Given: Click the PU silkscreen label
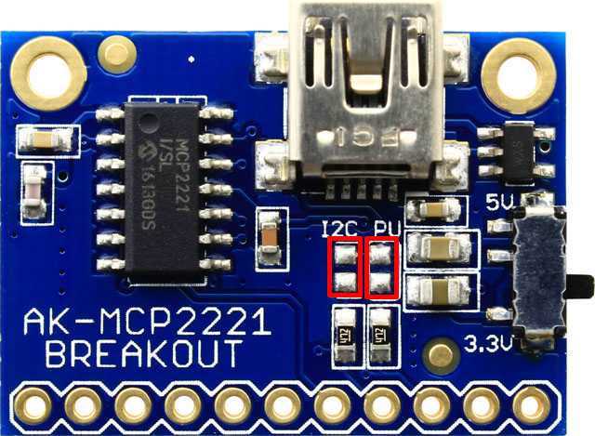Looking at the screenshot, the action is [384, 228].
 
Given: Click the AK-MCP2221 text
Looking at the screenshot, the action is [147, 324].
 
